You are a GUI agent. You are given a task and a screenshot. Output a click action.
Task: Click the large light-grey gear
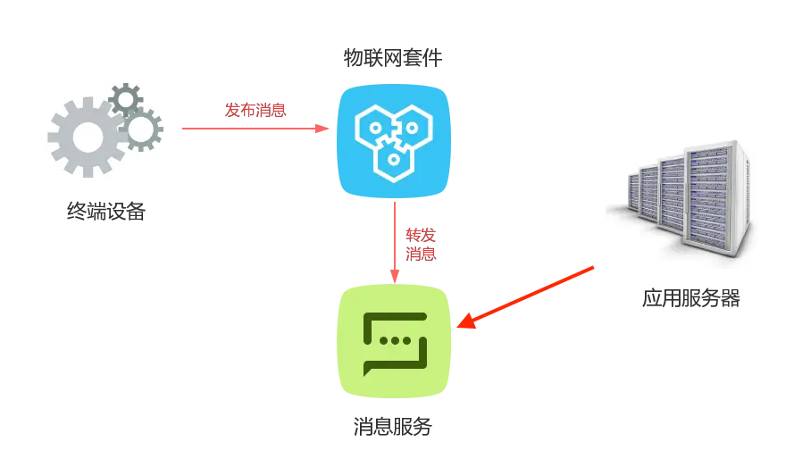[87, 137]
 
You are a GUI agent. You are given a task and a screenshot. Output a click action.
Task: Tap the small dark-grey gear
[125, 98]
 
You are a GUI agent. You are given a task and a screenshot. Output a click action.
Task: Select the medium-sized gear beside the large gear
[141, 129]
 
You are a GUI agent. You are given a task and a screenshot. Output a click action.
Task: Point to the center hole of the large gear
[87, 137]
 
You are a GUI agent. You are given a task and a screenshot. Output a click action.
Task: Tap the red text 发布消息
[255, 111]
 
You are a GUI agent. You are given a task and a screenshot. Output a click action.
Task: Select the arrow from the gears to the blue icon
[255, 129]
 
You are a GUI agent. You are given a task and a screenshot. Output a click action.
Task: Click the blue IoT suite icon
[393, 141]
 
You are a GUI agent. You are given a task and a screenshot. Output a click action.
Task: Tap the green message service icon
[393, 341]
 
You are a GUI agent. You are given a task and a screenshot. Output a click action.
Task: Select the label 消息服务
[393, 426]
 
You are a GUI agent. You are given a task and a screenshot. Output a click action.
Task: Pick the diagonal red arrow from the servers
[527, 297]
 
